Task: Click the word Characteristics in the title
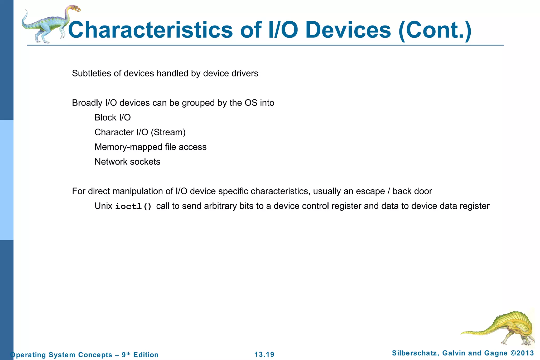150,30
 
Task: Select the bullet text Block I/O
113,117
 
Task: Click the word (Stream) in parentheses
168,132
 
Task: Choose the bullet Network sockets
127,162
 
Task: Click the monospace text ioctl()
133,206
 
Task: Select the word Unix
103,206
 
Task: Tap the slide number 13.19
264,354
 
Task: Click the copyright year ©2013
522,353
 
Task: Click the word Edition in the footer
146,355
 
